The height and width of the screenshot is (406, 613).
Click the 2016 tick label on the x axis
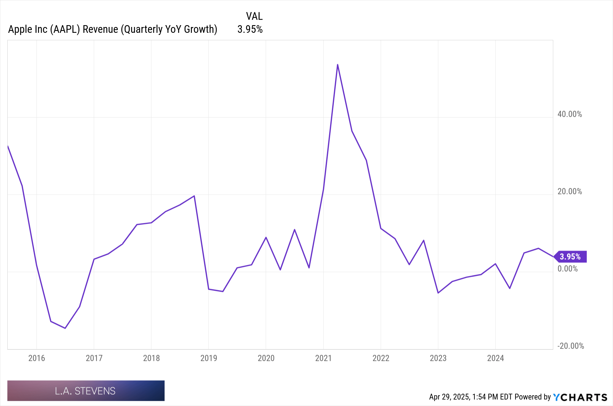pyautogui.click(x=36, y=358)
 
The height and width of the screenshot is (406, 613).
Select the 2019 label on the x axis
pyautogui.click(x=208, y=358)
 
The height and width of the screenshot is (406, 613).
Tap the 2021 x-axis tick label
pyautogui.click(x=323, y=358)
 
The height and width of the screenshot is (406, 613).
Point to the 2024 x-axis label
pyautogui.click(x=495, y=358)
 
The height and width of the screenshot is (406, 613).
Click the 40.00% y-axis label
pyautogui.click(x=569, y=114)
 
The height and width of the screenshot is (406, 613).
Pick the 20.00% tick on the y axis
pyautogui.click(x=569, y=191)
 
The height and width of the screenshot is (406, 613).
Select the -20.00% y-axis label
pyautogui.click(x=570, y=346)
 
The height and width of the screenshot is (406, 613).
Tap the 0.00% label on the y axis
pyautogui.click(x=567, y=269)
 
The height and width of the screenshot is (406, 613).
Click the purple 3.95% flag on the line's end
pyautogui.click(x=571, y=257)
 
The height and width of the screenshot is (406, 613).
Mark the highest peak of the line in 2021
pyautogui.click(x=337, y=65)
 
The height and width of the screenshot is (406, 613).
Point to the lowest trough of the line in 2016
pyautogui.click(x=65, y=328)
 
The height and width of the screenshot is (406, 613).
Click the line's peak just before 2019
pyautogui.click(x=194, y=196)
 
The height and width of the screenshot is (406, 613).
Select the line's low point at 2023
pyautogui.click(x=438, y=293)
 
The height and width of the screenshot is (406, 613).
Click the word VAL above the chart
pyautogui.click(x=254, y=16)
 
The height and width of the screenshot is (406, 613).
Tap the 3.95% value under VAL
pyautogui.click(x=250, y=29)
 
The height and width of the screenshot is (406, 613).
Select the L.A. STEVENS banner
pyautogui.click(x=86, y=391)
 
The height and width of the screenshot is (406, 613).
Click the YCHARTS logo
pyautogui.click(x=580, y=397)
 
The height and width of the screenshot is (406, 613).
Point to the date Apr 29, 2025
pyautogui.click(x=449, y=397)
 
